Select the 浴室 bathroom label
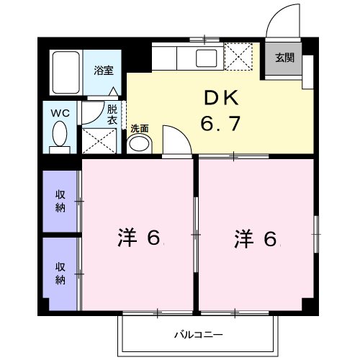click(104, 71)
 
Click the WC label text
click(60, 113)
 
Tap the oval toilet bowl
click(60, 134)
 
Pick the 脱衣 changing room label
click(112, 114)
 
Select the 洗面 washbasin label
click(139, 129)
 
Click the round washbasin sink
click(139, 143)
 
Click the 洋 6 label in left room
click(138, 238)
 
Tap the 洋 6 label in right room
click(255, 238)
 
